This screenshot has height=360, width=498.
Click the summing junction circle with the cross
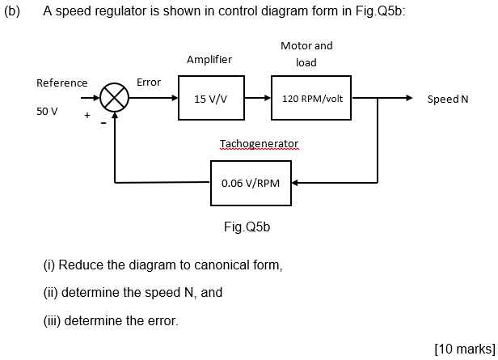point(115,99)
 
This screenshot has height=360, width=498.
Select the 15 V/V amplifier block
point(210,99)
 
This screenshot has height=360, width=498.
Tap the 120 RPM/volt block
point(312,99)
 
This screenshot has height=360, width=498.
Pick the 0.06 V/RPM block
point(251,182)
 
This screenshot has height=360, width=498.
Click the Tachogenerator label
point(259,144)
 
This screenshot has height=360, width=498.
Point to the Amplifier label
point(209,59)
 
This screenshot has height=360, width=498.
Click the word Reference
point(62,83)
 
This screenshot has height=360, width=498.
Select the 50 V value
point(47,111)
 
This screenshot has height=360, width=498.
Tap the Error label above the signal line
point(149,82)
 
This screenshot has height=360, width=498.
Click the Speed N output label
point(448,99)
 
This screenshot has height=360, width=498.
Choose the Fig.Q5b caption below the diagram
point(247,227)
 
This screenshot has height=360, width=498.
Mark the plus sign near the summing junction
point(87,116)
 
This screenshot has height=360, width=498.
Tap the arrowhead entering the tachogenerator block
point(297,182)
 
